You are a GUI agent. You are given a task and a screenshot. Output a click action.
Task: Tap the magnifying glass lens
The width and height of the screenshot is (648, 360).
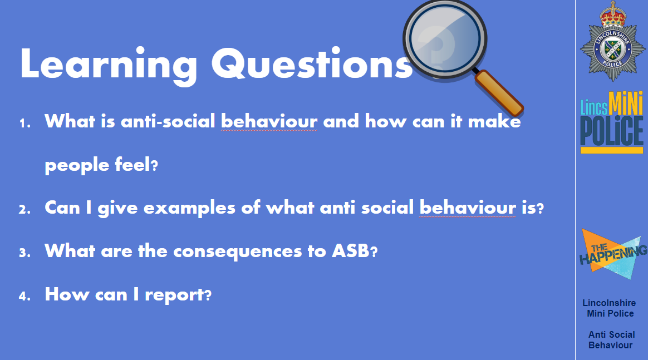tap(445, 39)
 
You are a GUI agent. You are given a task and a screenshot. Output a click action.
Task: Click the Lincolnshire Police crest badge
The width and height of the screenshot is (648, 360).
tap(613, 41)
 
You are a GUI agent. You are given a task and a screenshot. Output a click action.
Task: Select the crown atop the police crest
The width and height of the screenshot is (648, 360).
tap(613, 15)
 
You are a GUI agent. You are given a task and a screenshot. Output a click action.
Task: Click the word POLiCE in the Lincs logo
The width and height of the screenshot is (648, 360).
tap(612, 131)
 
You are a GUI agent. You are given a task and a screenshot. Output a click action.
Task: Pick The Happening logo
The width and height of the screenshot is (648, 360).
tap(613, 254)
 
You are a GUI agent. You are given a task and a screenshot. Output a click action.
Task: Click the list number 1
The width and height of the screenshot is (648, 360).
tap(25, 124)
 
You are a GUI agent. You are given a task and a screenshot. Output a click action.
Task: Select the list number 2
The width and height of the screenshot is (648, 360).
tap(25, 209)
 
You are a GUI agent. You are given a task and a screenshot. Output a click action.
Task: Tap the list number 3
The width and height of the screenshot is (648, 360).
tap(25, 253)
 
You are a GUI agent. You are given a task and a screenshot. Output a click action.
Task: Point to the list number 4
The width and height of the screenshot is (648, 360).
tap(25, 296)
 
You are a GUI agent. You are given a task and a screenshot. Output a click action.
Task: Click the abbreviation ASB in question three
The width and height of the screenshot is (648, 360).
tap(351, 250)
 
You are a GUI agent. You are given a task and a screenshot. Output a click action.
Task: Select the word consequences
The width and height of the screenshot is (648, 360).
tap(238, 251)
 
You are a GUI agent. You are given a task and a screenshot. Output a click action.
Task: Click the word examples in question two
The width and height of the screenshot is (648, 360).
tap(189, 208)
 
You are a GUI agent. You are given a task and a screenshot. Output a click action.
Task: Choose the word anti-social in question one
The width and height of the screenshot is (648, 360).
tap(168, 121)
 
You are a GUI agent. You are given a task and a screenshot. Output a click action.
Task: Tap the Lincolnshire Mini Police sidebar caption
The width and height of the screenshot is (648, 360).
tap(610, 308)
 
